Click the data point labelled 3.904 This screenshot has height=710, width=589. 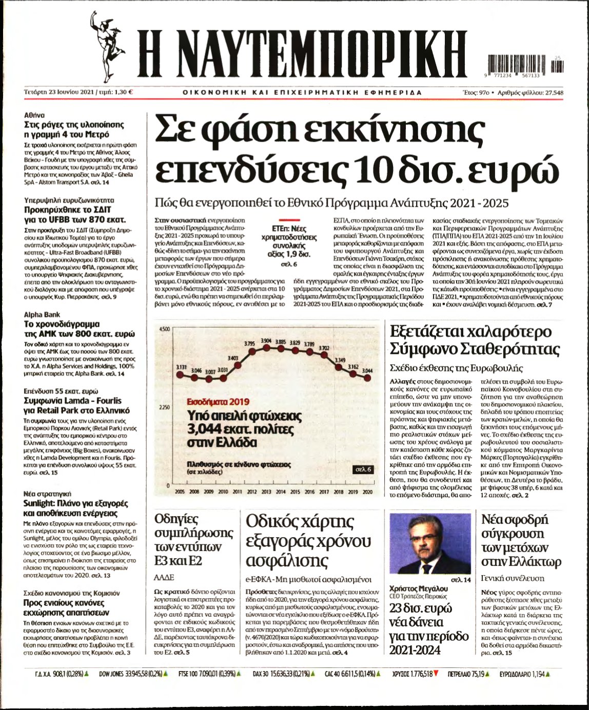266,347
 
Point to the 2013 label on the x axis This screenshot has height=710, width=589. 266,491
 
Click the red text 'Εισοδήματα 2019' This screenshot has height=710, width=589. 218,402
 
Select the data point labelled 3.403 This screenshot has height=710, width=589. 239,365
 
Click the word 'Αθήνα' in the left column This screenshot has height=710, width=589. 34,115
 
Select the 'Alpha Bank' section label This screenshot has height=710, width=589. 42,314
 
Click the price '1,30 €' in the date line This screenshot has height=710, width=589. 124,92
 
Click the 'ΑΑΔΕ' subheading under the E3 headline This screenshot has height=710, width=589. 164,577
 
